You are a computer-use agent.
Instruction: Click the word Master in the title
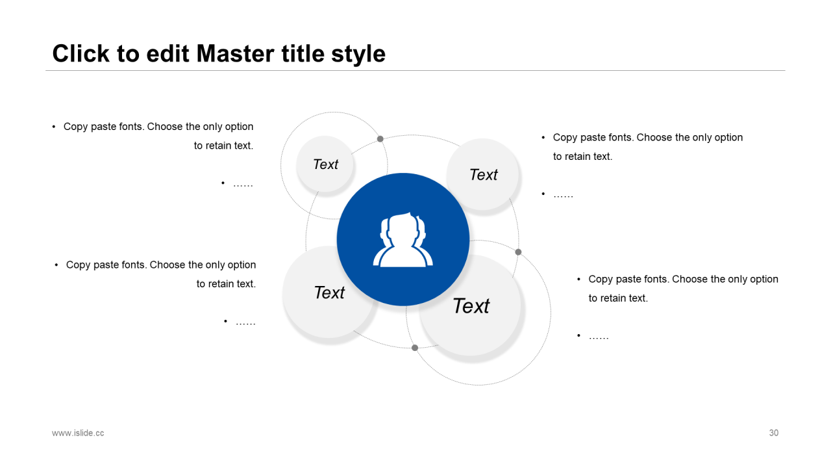(236, 53)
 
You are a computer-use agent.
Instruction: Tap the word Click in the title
(81, 53)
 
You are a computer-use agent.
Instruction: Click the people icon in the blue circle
(403, 240)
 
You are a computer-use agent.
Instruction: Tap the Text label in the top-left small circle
(325, 164)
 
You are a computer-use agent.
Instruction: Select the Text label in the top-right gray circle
(483, 175)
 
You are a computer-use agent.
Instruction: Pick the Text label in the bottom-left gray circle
(329, 292)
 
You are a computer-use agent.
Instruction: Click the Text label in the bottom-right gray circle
(471, 306)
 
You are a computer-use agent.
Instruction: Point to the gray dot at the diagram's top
(380, 139)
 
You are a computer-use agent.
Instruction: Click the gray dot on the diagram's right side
(518, 252)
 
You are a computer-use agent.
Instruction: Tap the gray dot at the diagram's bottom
(415, 348)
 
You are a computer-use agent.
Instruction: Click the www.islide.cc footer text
(78, 433)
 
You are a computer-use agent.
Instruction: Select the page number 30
(773, 433)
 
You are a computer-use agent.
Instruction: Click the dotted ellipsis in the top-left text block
(243, 185)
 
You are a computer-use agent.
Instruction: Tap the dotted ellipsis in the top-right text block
(563, 196)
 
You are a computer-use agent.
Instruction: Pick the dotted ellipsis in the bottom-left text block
(245, 323)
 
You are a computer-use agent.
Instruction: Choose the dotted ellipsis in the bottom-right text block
(599, 337)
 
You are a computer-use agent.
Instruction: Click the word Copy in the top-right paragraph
(565, 138)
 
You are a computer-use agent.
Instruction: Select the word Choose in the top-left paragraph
(165, 126)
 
